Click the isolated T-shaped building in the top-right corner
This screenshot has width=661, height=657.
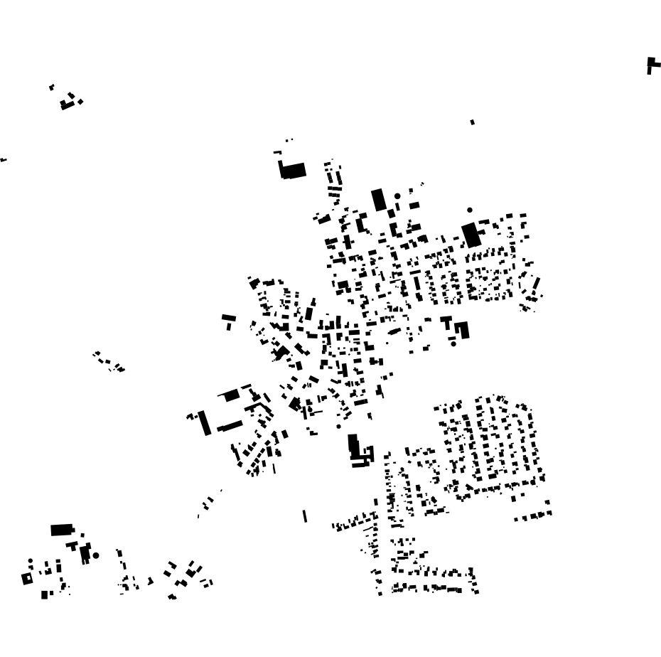652,65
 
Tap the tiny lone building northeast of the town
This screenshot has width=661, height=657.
473,122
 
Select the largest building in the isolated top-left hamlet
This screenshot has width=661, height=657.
68,105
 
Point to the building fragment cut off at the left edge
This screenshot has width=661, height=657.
3,160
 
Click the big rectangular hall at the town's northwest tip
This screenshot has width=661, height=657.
293,171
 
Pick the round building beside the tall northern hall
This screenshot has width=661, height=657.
397,196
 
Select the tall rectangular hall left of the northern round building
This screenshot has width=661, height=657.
379,200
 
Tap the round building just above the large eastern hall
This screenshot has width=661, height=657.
470,210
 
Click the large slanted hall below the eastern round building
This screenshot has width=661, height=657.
472,235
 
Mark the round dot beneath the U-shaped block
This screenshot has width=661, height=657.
453,344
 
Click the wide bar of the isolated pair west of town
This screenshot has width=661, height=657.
228,318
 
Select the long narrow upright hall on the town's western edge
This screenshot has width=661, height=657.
205,422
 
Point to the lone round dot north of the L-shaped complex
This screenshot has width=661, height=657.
339,426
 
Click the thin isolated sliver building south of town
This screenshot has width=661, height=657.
305,516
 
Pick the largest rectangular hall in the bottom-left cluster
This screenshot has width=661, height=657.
62,530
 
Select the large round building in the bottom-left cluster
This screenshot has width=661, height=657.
95,555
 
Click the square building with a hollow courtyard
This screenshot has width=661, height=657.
28,579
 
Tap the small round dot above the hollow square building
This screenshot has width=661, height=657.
31,561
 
